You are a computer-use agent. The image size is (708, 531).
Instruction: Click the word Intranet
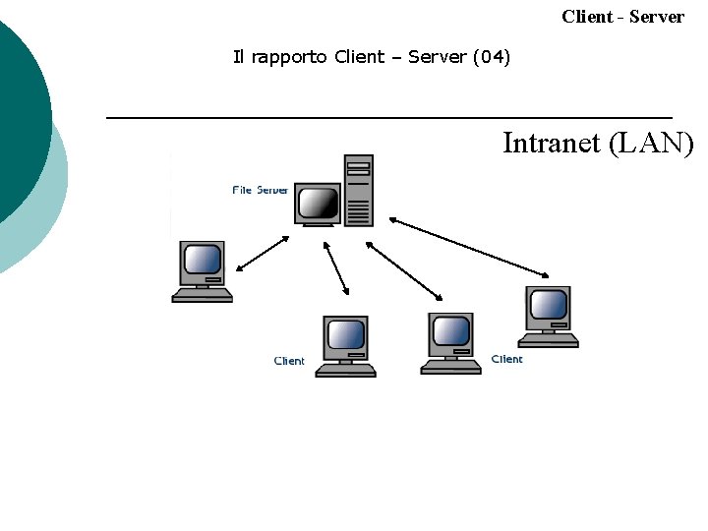click(552, 144)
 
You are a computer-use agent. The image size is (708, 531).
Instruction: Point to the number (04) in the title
click(492, 57)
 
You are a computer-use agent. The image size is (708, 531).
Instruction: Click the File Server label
click(261, 190)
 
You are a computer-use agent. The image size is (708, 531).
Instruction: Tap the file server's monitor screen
click(318, 203)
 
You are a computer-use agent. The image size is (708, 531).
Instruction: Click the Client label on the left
click(289, 361)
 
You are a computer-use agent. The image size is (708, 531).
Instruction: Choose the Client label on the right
click(506, 359)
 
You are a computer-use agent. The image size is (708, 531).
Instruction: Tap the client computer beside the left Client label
click(346, 336)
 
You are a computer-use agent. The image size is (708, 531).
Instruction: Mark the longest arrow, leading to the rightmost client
click(470, 246)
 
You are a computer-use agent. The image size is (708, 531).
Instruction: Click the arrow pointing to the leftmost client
click(262, 253)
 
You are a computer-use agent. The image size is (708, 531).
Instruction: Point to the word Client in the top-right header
click(587, 17)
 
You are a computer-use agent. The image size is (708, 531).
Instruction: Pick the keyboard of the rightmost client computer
click(549, 341)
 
